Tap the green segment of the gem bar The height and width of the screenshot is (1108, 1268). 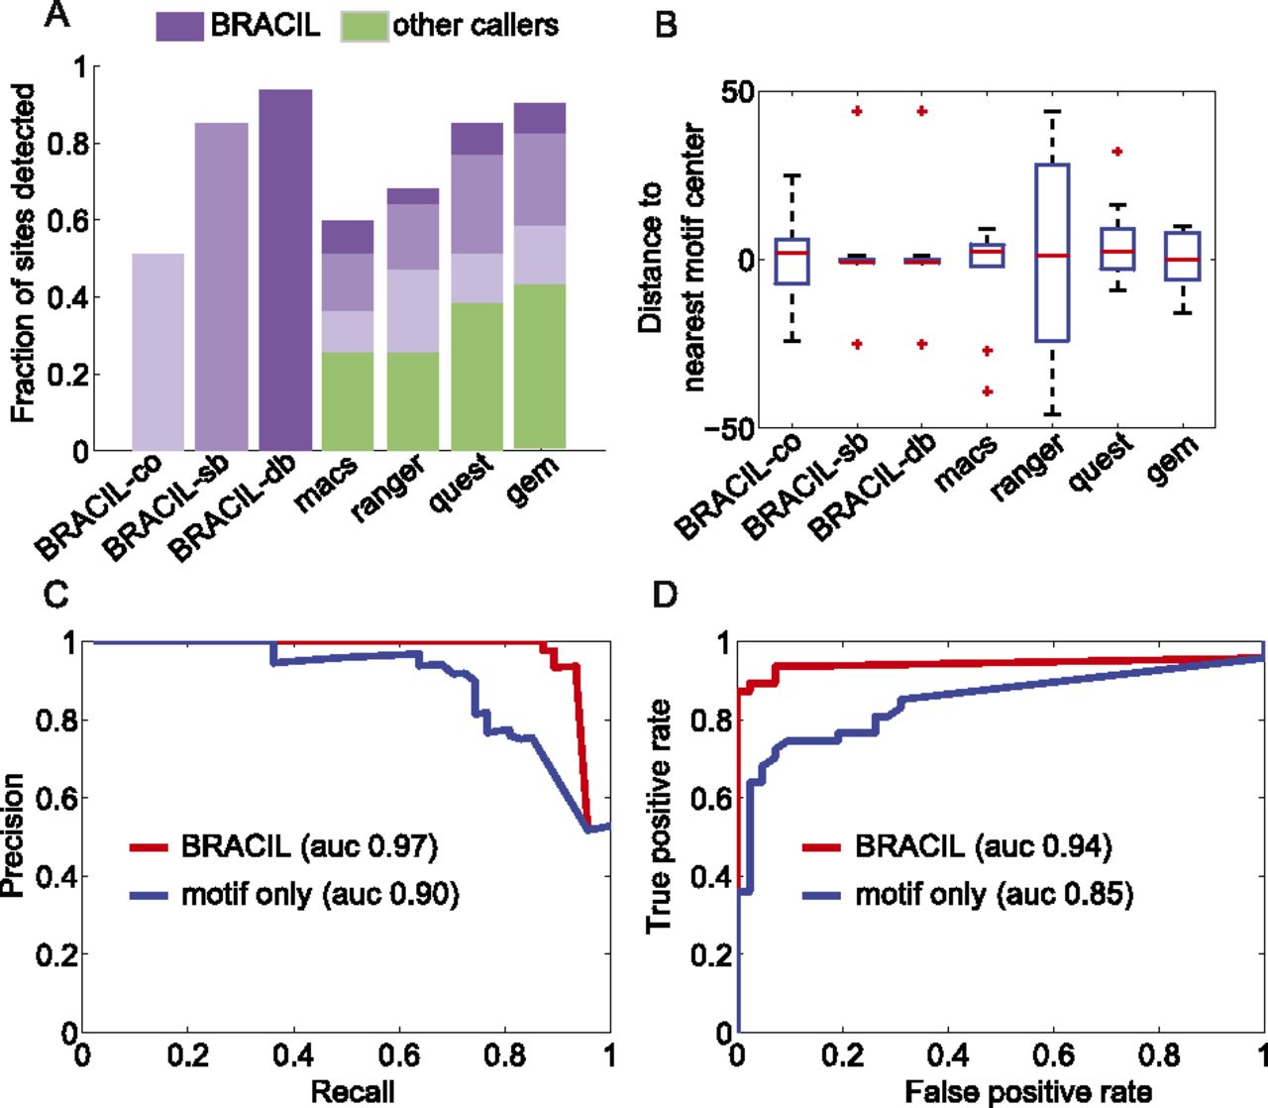[x=539, y=366]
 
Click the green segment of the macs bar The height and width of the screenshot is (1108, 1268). [x=348, y=400]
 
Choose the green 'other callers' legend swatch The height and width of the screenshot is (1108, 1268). [x=364, y=27]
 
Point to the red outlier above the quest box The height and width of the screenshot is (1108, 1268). [x=1116, y=152]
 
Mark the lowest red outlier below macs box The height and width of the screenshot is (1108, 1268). [x=987, y=391]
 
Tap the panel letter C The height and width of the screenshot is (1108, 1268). [x=57, y=594]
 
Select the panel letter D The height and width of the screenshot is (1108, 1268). [x=666, y=594]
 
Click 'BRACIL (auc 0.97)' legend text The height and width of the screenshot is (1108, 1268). [x=309, y=846]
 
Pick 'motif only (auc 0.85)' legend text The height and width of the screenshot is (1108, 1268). [x=994, y=894]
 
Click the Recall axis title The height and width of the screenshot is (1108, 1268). [x=352, y=1092]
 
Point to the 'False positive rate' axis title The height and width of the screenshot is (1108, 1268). [x=1027, y=1092]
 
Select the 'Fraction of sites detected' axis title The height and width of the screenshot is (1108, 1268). [x=24, y=254]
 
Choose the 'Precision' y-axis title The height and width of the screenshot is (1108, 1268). [x=13, y=836]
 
